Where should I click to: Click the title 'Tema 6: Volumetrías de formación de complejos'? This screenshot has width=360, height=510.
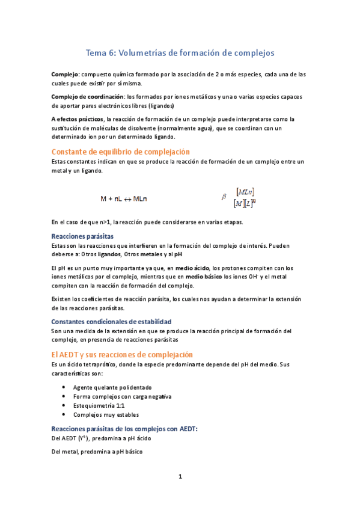(180, 53)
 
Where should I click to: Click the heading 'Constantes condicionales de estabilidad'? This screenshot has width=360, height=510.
(111, 322)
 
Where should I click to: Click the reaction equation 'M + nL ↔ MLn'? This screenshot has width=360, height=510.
(126, 198)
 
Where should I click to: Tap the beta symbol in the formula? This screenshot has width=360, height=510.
(224, 196)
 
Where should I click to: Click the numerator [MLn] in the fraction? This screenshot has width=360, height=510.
(245, 191)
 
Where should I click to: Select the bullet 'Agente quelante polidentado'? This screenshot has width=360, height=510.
(112, 387)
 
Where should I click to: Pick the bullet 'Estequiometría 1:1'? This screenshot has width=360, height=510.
(99, 405)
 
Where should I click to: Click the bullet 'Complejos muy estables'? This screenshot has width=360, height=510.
(106, 414)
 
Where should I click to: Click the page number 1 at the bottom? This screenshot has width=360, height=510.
(180, 477)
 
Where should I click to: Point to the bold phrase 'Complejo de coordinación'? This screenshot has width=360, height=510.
(88, 96)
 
